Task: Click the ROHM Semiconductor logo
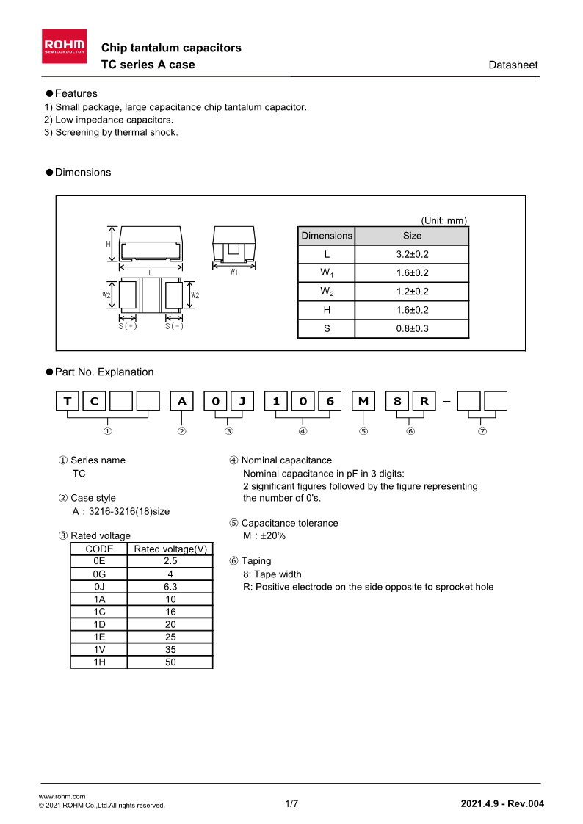[65, 45]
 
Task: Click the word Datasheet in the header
[513, 65]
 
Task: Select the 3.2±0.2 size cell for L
[412, 254]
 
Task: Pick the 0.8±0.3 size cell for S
[412, 328]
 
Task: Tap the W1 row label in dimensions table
[327, 273]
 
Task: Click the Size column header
[412, 236]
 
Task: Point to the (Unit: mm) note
[443, 220]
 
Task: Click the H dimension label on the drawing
[108, 244]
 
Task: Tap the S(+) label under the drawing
[128, 326]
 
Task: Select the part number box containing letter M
[363, 401]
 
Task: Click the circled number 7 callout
[482, 431]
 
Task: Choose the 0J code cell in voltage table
[99, 587]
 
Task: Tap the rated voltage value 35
[170, 649]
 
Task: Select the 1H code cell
[99, 662]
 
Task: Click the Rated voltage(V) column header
[170, 549]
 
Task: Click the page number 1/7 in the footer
[291, 803]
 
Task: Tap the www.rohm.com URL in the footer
[62, 796]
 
